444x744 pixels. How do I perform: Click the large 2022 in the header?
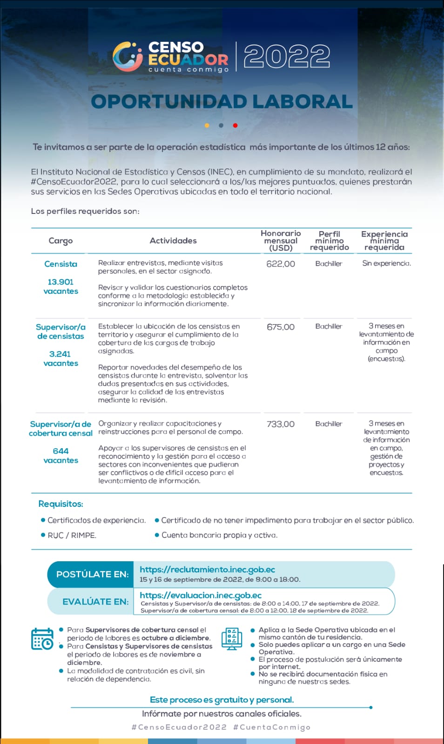point(287,57)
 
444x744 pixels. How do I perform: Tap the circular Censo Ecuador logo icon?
point(128,56)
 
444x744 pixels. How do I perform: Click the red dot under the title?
point(235,125)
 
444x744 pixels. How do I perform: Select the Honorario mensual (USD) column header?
point(281,240)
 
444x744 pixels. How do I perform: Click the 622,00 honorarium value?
point(281,264)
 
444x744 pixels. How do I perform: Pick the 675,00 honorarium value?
point(281,327)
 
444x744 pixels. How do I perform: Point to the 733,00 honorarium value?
point(281,424)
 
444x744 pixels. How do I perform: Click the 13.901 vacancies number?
point(61,282)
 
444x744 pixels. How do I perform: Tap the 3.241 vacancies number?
point(61,354)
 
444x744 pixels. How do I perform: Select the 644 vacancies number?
point(61,451)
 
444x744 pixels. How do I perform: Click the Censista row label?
point(61,264)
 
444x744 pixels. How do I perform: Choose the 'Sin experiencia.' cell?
point(386,263)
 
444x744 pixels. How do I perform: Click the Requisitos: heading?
point(61,504)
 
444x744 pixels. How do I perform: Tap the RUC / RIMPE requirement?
point(72,535)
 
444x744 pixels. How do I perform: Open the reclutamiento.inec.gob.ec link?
point(207,570)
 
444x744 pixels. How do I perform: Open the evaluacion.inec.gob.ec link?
point(201,595)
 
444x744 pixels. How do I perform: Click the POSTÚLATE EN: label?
point(92,574)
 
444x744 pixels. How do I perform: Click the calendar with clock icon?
point(42,639)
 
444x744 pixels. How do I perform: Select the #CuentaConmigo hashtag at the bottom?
point(272,727)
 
